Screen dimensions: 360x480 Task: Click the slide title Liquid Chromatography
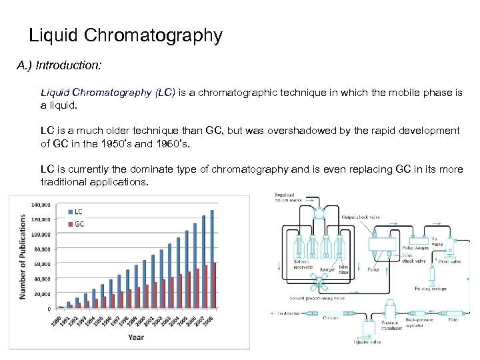[x=126, y=35]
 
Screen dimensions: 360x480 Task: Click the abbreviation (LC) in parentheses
[x=165, y=93]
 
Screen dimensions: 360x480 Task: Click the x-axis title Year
[x=136, y=337]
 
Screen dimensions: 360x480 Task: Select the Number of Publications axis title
[x=23, y=256]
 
